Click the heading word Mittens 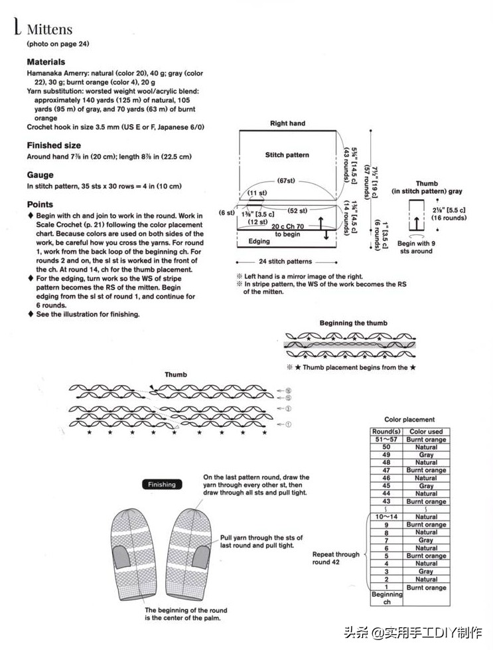coord(49,30)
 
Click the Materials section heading coord(46,62)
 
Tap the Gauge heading coord(40,175)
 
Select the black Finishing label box coord(162,485)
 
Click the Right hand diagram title coord(287,123)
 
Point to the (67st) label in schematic coord(287,181)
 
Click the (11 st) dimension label coord(257,193)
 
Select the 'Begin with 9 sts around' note coord(415,247)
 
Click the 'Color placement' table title coord(409,420)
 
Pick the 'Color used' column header coord(426,432)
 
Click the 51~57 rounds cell coord(387,440)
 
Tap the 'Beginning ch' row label coord(387,598)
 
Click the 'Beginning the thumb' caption coord(353,323)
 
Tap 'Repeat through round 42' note coord(336,558)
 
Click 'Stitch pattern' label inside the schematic coord(287,155)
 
